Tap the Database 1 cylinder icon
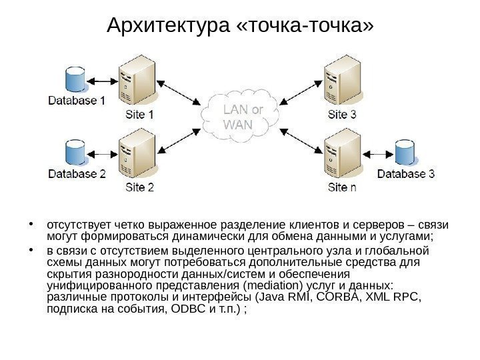74,79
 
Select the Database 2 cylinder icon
74,153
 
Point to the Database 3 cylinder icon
405,153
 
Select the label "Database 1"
77,102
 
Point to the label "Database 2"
77,175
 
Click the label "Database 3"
407,175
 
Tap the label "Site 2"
140,188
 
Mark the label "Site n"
342,188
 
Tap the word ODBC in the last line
189,310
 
